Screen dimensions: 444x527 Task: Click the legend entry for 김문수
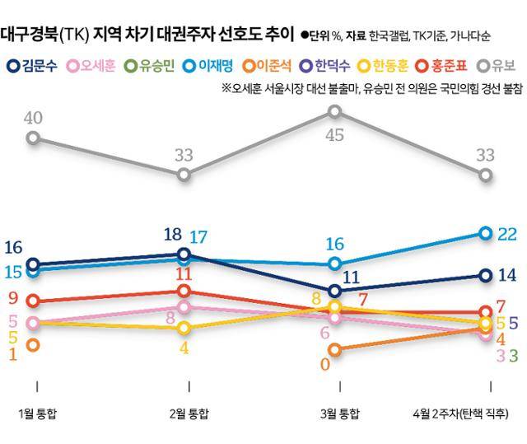[35, 64]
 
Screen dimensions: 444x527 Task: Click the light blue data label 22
[507, 234]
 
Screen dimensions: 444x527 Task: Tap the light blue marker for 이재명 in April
[486, 233]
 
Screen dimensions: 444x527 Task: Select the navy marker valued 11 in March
[335, 291]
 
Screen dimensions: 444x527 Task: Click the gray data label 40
[33, 118]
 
